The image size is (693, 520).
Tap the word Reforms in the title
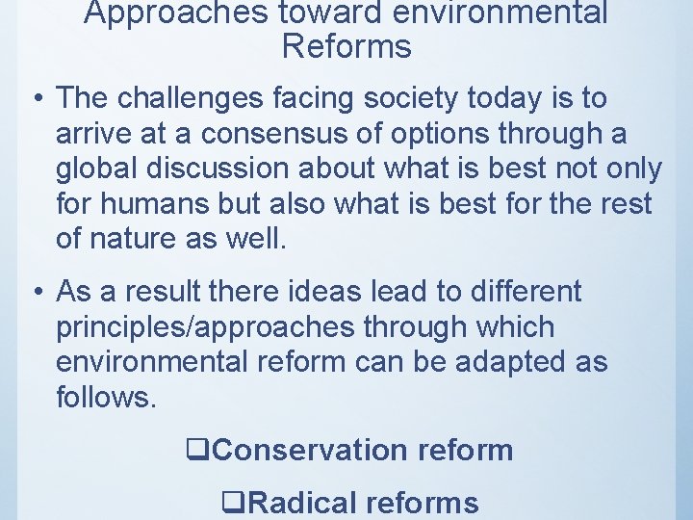pyautogui.click(x=346, y=46)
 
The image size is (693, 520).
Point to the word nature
pyautogui.click(x=145, y=239)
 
